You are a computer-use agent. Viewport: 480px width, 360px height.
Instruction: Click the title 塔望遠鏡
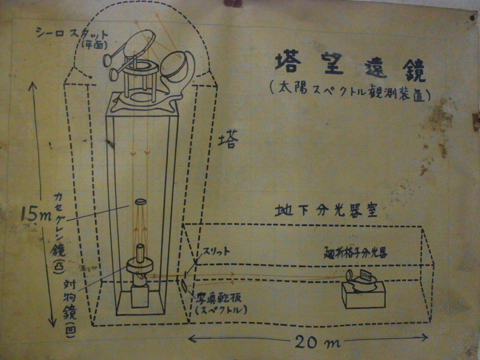click(x=350, y=66)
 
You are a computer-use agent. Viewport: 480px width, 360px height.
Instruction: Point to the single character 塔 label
click(x=228, y=140)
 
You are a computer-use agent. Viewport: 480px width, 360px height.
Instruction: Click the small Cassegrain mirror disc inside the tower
click(x=142, y=202)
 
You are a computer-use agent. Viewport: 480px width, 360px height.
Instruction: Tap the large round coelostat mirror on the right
click(x=178, y=69)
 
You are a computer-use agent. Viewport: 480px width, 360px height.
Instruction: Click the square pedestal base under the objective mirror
click(x=140, y=296)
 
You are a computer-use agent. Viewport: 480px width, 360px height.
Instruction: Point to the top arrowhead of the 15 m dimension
click(x=33, y=85)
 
